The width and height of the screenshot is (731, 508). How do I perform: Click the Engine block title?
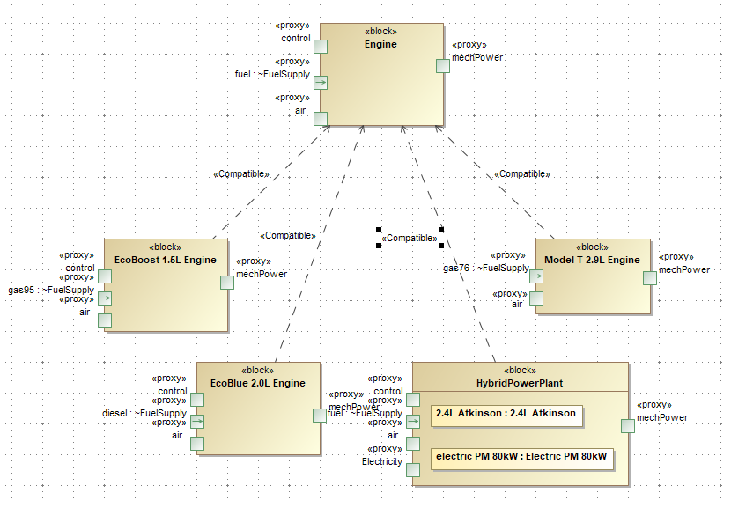[380, 44]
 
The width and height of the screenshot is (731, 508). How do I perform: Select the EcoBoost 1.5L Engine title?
[166, 260]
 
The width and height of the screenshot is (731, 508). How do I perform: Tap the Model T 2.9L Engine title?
[592, 260]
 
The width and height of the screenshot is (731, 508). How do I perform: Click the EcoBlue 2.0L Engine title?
[258, 383]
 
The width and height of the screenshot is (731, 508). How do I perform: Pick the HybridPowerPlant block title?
[520, 383]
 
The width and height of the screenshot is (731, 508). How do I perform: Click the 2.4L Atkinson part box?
[506, 414]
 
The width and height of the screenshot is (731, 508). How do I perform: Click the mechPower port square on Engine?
[444, 65]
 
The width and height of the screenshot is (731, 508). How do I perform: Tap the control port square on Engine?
[321, 48]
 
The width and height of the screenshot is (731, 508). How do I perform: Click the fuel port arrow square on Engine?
[321, 83]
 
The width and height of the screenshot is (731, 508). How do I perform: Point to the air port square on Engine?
[321, 118]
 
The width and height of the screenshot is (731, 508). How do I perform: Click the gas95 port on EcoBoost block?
[105, 298]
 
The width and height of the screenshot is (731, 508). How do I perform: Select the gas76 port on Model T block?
[536, 276]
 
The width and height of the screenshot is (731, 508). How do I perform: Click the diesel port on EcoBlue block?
[197, 422]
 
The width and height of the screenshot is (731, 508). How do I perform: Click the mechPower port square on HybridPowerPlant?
[628, 426]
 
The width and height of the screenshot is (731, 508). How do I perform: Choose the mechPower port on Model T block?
[650, 278]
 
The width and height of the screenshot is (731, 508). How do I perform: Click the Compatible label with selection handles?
[410, 238]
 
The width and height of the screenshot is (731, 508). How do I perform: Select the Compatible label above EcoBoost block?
[240, 174]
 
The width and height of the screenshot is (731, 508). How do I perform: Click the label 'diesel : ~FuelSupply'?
[144, 413]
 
